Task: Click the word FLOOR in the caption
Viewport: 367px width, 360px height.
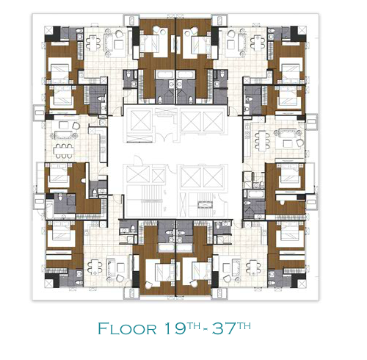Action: (127, 328)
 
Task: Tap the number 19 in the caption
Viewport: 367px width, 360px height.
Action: (175, 328)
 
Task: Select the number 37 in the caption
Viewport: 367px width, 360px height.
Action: (223, 328)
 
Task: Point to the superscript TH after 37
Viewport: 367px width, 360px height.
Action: (244, 325)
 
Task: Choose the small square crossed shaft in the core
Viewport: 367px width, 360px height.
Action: (159, 175)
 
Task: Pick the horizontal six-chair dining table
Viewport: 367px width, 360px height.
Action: (64, 151)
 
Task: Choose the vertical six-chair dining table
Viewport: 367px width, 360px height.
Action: (262, 141)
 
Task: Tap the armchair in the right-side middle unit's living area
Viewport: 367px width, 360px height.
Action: (300, 143)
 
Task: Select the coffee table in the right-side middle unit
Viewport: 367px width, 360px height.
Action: (288, 143)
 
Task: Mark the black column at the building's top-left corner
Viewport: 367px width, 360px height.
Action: (54, 34)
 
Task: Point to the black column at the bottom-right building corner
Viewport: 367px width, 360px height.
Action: (299, 280)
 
